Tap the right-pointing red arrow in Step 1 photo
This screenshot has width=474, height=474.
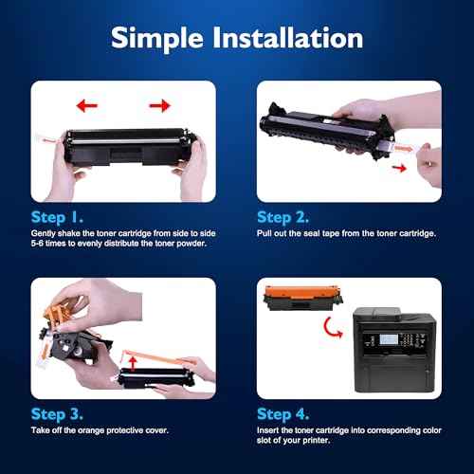[158, 105]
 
